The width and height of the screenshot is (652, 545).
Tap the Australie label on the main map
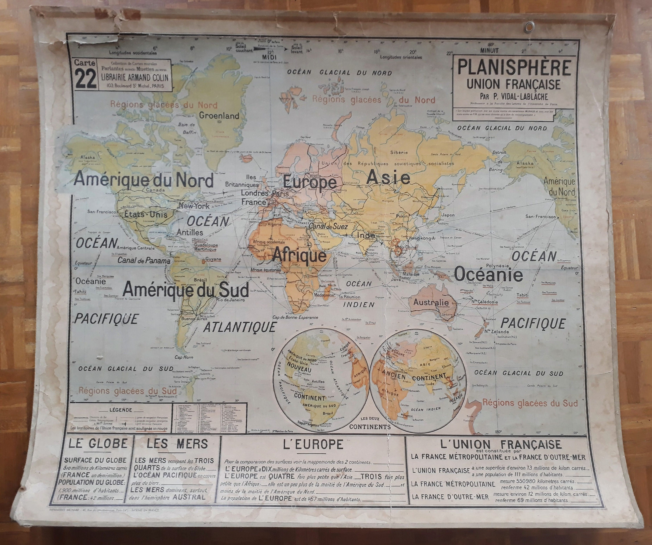(431, 302)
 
